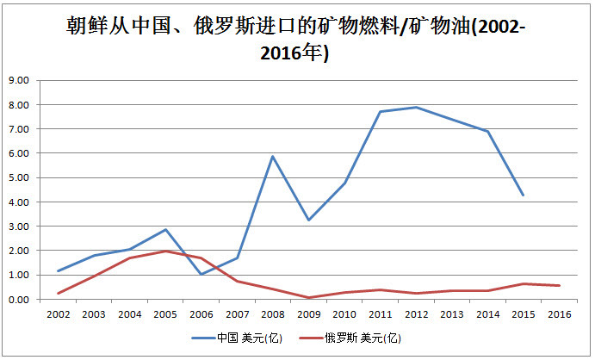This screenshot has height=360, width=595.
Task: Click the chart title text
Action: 296,39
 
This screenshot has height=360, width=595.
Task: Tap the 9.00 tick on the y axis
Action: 18,80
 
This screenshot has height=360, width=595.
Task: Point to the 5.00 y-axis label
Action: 18,177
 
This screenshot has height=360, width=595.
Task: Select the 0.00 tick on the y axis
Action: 18,300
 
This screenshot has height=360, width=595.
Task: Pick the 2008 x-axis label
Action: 272,314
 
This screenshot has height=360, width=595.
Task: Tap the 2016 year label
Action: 560,314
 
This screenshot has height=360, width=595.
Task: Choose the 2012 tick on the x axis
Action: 416,314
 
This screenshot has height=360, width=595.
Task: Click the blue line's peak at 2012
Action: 416,107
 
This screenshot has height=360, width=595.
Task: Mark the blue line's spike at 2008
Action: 272,156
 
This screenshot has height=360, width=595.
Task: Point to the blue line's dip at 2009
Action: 308,220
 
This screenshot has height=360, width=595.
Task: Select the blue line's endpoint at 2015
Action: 524,196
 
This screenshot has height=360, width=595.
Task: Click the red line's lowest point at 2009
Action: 308,298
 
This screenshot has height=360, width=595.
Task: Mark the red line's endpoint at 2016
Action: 560,286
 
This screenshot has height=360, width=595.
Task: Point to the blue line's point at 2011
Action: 380,111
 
